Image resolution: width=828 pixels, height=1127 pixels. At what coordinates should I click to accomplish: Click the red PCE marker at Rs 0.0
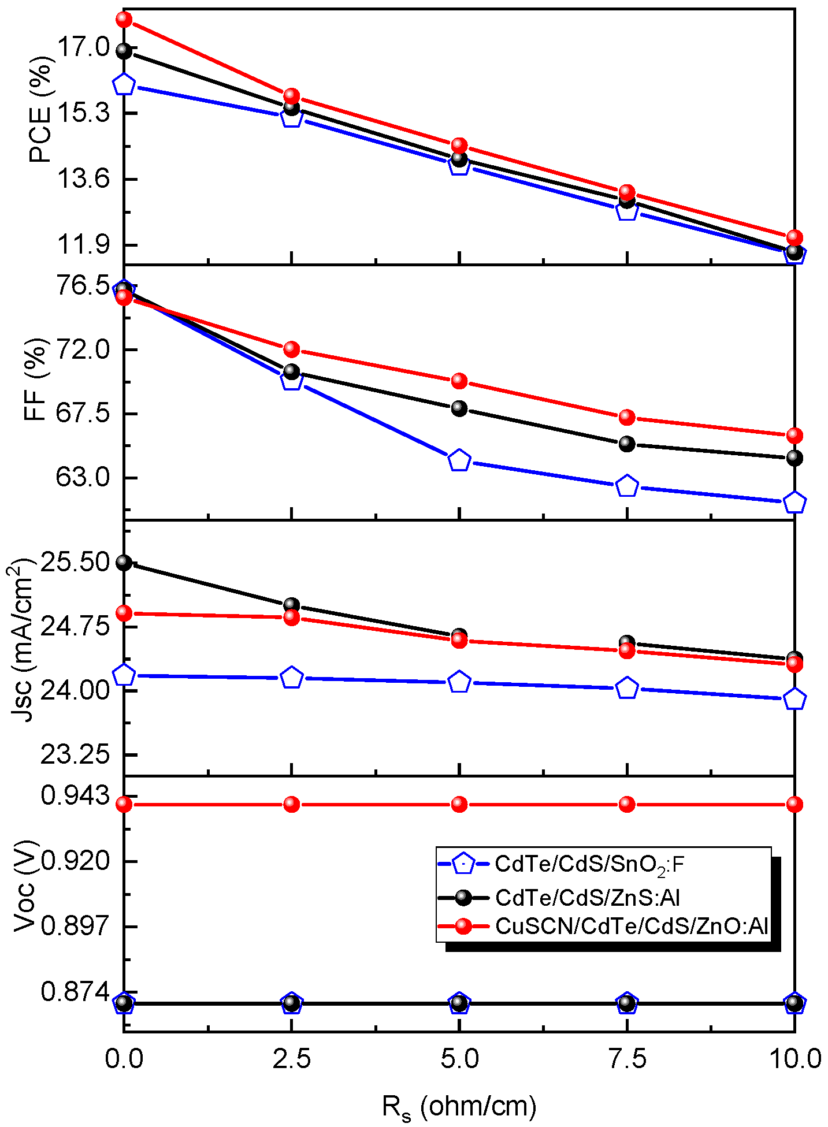pos(124,20)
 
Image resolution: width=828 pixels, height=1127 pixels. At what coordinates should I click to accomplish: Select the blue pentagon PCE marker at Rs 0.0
pos(124,85)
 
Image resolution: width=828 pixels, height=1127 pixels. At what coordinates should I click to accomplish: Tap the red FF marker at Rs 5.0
pos(459,380)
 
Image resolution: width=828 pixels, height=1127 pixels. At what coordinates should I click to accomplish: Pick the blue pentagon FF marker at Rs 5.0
pos(459,460)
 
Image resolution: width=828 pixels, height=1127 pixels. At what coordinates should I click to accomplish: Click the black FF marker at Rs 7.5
pos(627,444)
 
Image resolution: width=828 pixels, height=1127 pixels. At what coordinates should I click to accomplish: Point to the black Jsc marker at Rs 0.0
pos(124,562)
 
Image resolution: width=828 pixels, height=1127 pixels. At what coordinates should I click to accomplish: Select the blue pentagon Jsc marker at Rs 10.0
pos(795,699)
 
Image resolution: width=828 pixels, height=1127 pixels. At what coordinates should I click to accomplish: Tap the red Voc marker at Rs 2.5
pos(292,804)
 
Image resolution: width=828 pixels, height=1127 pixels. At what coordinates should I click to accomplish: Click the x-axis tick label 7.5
pos(627,1059)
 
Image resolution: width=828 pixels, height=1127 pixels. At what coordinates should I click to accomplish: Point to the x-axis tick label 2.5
pos(292,1059)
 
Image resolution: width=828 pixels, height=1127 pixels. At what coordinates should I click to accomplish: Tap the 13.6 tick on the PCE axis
pos(82,179)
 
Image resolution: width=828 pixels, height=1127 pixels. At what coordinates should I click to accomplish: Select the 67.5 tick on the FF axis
pos(82,414)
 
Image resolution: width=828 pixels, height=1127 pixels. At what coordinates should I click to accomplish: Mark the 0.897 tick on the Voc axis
pos(75,926)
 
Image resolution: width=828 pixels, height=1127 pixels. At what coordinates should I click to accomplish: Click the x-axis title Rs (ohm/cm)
pos(459,1107)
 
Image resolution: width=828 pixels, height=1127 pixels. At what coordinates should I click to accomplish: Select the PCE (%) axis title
pos(40,113)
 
